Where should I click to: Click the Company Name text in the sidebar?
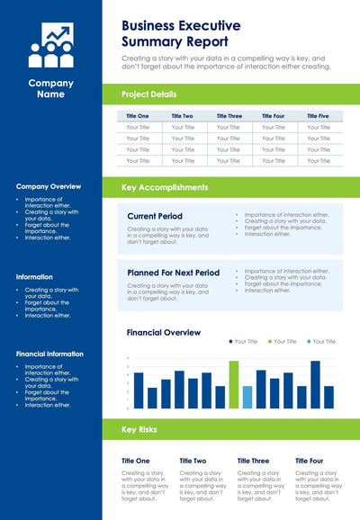(x=50, y=88)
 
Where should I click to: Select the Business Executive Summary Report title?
(x=181, y=33)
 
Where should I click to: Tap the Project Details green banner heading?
(x=149, y=94)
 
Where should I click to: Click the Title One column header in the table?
(x=138, y=116)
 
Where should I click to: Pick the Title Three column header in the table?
(x=229, y=116)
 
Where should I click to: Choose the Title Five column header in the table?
(x=318, y=116)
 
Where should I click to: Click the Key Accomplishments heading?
(x=165, y=187)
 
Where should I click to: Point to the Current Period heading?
(x=155, y=216)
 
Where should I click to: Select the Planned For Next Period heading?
(x=173, y=272)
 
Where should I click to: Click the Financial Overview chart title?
(x=163, y=332)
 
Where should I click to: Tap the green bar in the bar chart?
(x=234, y=385)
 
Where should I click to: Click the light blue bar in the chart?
(x=247, y=397)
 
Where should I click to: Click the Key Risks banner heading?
(x=139, y=429)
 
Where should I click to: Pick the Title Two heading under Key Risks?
(x=193, y=460)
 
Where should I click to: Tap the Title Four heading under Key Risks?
(x=309, y=460)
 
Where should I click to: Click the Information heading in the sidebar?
(x=34, y=276)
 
